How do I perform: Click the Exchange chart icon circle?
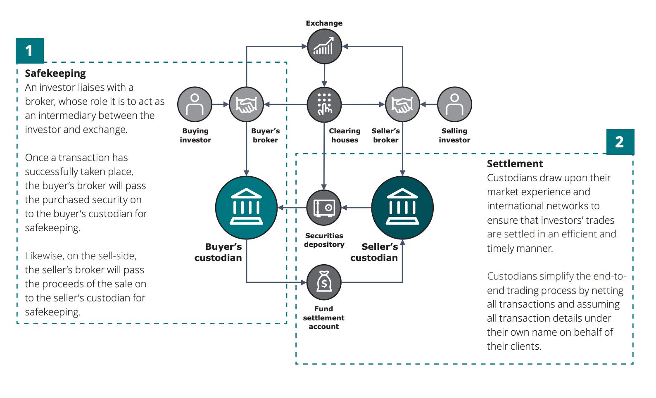[x=324, y=46]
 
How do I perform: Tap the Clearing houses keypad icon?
[x=324, y=104]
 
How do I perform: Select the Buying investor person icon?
[x=195, y=104]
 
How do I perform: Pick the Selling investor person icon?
[x=454, y=104]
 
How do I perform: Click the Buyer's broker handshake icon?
[x=246, y=104]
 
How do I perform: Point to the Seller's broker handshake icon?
[x=402, y=104]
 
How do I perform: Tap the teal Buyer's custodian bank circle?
[x=246, y=208]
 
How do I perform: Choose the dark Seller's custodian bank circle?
[x=402, y=208]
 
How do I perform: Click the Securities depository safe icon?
[x=324, y=208]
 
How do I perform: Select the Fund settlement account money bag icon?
[x=324, y=282]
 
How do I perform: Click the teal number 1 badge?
[x=29, y=51]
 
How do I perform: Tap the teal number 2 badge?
[x=620, y=142]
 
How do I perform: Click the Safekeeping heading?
[x=55, y=73]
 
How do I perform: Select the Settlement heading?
[x=515, y=164]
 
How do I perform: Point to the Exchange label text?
[x=324, y=23]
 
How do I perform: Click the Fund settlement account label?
[x=323, y=317]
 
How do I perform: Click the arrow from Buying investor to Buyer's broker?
[x=221, y=104]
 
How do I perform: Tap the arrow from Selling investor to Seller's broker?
[x=428, y=104]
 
